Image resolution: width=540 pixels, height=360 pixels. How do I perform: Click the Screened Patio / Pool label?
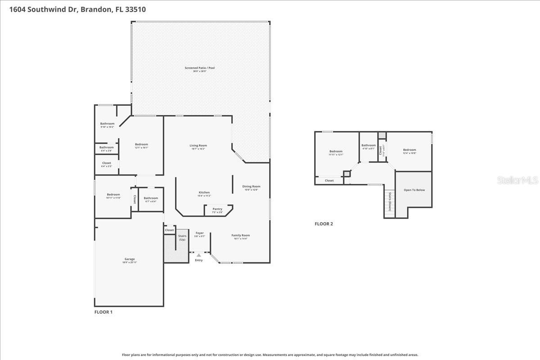[x=199, y=68]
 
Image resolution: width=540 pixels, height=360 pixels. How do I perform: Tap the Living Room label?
[x=198, y=145]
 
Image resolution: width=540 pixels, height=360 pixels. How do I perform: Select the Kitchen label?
[x=204, y=193]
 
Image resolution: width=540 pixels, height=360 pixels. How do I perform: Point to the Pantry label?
[x=217, y=209]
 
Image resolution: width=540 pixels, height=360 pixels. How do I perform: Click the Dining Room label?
[x=251, y=186]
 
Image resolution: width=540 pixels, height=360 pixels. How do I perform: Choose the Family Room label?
[x=241, y=235]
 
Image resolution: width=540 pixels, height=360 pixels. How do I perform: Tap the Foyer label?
[x=199, y=233]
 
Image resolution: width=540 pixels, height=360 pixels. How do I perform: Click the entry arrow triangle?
[x=199, y=255]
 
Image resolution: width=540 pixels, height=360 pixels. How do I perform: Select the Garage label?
[x=130, y=259]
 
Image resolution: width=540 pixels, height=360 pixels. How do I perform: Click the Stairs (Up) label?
[x=182, y=238]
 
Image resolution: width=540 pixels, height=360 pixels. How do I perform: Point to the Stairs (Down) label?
[x=390, y=202]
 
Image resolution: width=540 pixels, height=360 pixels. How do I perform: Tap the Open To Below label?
[x=414, y=190]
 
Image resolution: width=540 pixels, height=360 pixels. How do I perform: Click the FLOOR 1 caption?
[x=103, y=312]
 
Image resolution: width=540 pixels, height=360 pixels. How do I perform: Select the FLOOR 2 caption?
[x=324, y=224]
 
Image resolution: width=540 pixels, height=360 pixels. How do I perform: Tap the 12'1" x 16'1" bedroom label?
[x=141, y=144]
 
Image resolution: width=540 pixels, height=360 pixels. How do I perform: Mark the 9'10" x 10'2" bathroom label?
[x=107, y=124]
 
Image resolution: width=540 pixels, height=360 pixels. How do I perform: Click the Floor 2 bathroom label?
[x=368, y=145]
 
